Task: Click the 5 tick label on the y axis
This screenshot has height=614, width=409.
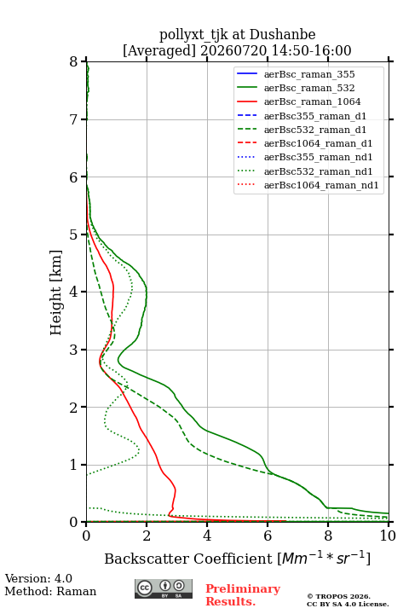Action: point(74,235)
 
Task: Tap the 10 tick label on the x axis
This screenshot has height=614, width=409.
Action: point(388,536)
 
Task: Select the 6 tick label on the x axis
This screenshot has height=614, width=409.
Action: point(268,536)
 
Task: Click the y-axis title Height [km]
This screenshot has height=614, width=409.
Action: point(55,293)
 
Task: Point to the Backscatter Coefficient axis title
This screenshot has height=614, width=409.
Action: point(237,558)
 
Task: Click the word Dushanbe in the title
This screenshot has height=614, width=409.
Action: point(282,35)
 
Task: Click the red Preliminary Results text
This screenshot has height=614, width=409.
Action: point(243,595)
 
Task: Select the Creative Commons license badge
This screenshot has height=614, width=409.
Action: point(164,588)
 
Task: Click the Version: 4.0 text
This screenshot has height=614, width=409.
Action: point(38,578)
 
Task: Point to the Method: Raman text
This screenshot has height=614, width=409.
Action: point(50,591)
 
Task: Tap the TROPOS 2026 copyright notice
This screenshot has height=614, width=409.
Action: point(338,596)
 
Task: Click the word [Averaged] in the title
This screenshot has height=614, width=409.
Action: point(159,50)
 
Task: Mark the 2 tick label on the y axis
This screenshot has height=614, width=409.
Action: point(74,408)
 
